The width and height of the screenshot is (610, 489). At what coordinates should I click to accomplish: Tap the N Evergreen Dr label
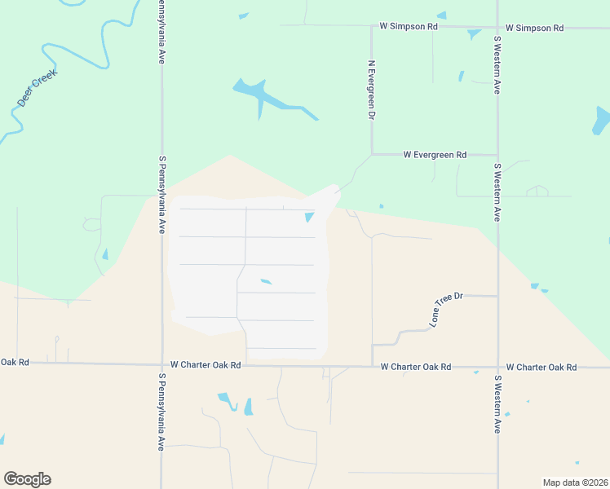371,90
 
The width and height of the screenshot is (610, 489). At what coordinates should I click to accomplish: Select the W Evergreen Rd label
435,154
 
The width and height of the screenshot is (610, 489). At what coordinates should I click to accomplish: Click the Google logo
27,479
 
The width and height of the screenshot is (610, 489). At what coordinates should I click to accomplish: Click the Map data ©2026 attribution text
574,482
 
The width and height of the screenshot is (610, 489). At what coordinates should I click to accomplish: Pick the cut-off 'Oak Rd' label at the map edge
15,362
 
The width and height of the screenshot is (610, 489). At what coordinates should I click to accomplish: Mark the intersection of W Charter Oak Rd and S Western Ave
497,367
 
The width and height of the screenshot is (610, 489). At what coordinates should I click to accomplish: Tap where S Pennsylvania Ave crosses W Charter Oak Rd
161,365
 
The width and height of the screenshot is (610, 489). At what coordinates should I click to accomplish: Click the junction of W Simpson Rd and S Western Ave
497,27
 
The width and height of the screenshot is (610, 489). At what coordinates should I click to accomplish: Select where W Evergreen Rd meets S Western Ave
497,154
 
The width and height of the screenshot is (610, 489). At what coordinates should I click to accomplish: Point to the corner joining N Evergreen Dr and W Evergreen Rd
372,153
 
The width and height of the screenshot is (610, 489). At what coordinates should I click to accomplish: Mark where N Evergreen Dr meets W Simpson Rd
372,26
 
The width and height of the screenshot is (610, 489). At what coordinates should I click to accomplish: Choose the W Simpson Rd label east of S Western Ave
534,28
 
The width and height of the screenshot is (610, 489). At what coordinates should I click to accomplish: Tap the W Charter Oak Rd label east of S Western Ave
541,368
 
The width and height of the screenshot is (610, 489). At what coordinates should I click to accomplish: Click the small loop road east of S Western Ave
537,192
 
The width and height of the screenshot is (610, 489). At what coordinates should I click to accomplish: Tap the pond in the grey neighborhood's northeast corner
310,217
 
